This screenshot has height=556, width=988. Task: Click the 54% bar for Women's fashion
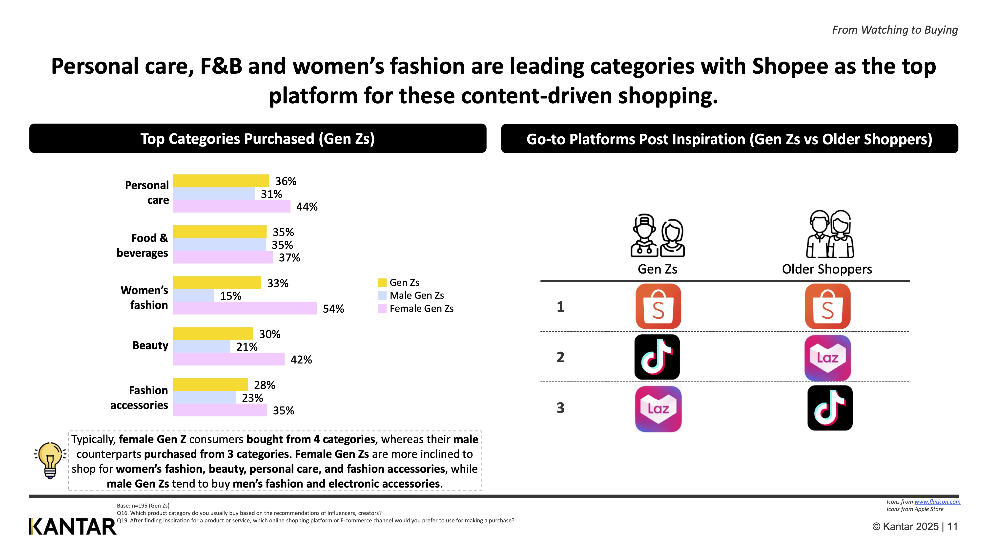tap(245, 308)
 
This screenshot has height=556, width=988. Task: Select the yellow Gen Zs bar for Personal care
tap(221, 181)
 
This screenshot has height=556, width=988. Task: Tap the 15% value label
tap(230, 296)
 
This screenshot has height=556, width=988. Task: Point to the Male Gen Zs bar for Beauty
tap(202, 346)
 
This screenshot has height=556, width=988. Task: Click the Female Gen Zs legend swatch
tap(382, 308)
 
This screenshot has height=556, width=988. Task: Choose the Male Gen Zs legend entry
tap(416, 296)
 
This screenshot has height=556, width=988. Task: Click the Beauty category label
tap(150, 345)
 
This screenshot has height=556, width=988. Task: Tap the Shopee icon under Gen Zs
tap(658, 306)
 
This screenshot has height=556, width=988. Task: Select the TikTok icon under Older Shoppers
tap(830, 408)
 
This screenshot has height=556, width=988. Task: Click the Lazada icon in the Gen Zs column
tap(658, 409)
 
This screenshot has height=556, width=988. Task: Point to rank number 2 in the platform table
tap(560, 357)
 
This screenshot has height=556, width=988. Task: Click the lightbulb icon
tap(50, 460)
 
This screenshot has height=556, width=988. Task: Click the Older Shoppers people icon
tap(830, 234)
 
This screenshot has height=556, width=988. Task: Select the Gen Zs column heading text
tap(657, 269)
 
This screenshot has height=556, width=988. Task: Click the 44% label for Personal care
tap(307, 207)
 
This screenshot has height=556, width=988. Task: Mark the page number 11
tap(952, 526)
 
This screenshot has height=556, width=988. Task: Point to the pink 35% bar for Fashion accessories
tap(220, 410)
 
